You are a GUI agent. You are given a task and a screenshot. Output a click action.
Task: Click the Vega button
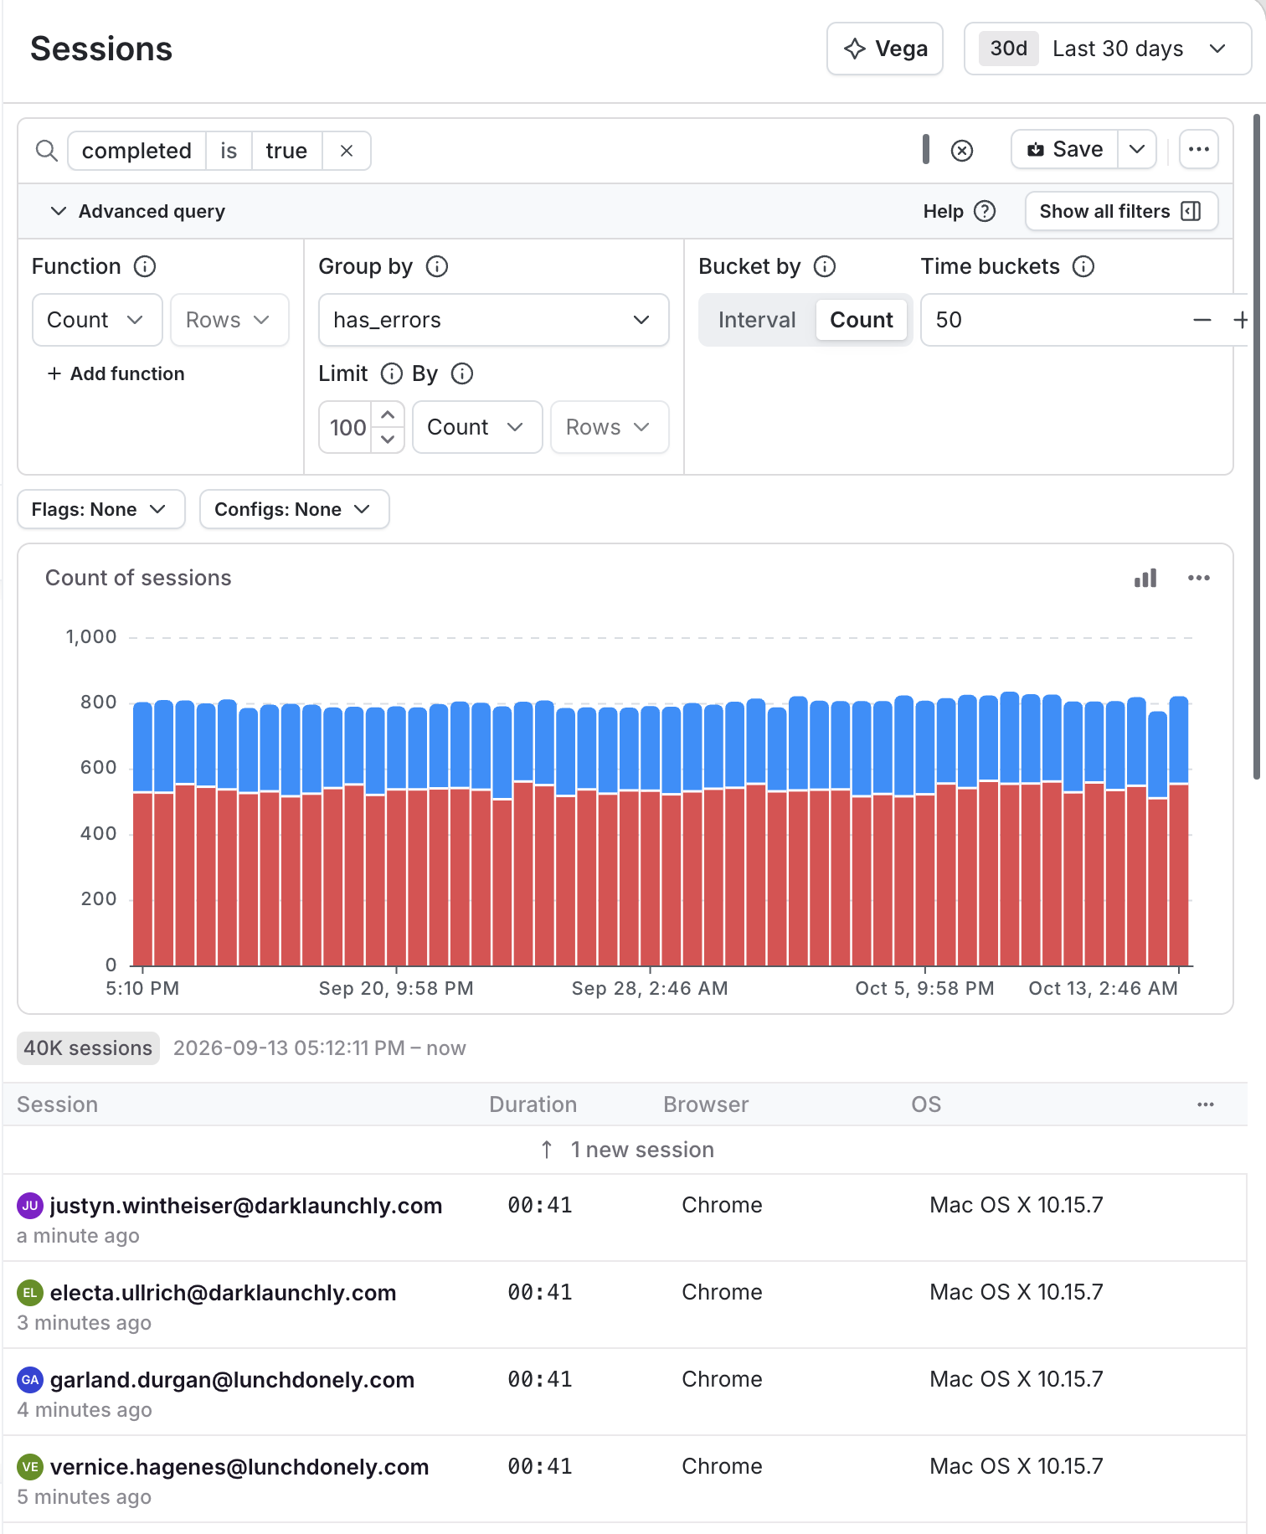pos(885,49)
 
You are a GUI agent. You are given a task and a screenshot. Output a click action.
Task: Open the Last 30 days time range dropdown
pos(1107,49)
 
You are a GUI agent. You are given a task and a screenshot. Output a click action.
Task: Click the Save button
pos(1065,150)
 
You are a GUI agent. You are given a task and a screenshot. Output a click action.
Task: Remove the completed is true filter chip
pos(347,151)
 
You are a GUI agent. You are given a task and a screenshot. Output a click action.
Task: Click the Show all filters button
pos(1121,211)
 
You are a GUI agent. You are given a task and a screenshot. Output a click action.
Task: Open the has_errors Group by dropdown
pos(494,320)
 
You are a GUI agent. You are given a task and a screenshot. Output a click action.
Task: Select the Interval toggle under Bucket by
pos(757,320)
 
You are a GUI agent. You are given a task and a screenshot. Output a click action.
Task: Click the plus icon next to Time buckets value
pos(1240,320)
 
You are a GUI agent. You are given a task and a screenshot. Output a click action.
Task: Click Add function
pos(116,373)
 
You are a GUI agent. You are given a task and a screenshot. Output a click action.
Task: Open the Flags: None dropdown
pos(101,509)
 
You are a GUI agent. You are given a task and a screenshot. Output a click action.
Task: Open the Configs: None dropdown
pos(295,509)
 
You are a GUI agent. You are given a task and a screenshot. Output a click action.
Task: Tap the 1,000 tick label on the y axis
pos(91,637)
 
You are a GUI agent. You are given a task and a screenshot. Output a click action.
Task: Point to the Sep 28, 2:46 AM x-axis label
pos(650,988)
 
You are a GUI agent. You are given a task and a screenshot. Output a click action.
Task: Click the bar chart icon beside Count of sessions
pos(1145,578)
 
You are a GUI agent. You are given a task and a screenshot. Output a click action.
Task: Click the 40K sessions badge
pos(88,1048)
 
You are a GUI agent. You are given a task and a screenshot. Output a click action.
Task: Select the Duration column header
pos(533,1104)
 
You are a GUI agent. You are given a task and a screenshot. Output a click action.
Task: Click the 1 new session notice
pos(627,1150)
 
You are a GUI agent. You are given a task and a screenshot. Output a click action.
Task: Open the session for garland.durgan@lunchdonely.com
pos(233,1380)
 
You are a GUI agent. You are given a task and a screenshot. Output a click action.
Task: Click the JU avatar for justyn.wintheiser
pos(30,1206)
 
